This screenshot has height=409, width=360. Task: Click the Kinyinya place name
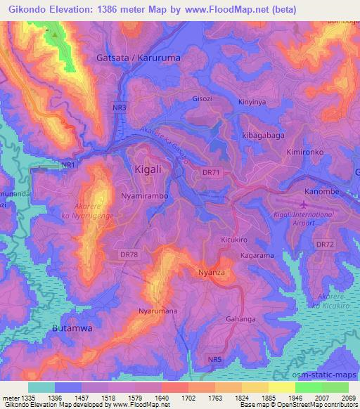pos(253,102)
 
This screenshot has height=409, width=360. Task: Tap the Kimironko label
pos(307,152)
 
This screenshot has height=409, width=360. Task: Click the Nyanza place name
pos(210,272)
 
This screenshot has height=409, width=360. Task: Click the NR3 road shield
pos(120,108)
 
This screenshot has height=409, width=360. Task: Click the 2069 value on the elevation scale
pos(349,398)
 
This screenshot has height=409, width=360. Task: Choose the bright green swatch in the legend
pos(309,387)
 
